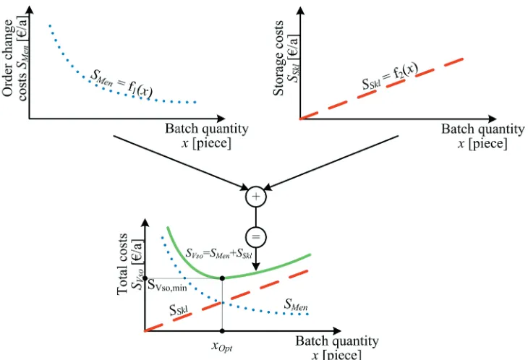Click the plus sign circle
[x=256, y=197]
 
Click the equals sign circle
[x=256, y=237]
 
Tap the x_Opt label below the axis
[x=222, y=346]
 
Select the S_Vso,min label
[x=167, y=286]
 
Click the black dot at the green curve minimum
[x=222, y=278]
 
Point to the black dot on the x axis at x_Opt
[x=222, y=331]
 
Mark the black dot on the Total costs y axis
[x=145, y=278]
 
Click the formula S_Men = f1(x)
[x=122, y=84]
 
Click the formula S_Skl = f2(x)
[x=390, y=77]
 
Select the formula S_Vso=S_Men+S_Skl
[x=219, y=253]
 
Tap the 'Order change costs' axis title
[x=15, y=58]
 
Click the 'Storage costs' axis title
[x=286, y=57]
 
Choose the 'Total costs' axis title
[x=130, y=264]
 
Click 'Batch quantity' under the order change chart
[x=207, y=128]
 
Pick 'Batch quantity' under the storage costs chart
[x=483, y=129]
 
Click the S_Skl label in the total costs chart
[x=179, y=309]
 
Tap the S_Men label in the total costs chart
[x=296, y=304]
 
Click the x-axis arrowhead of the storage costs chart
[x=493, y=119]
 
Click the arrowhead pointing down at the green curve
[x=256, y=266]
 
